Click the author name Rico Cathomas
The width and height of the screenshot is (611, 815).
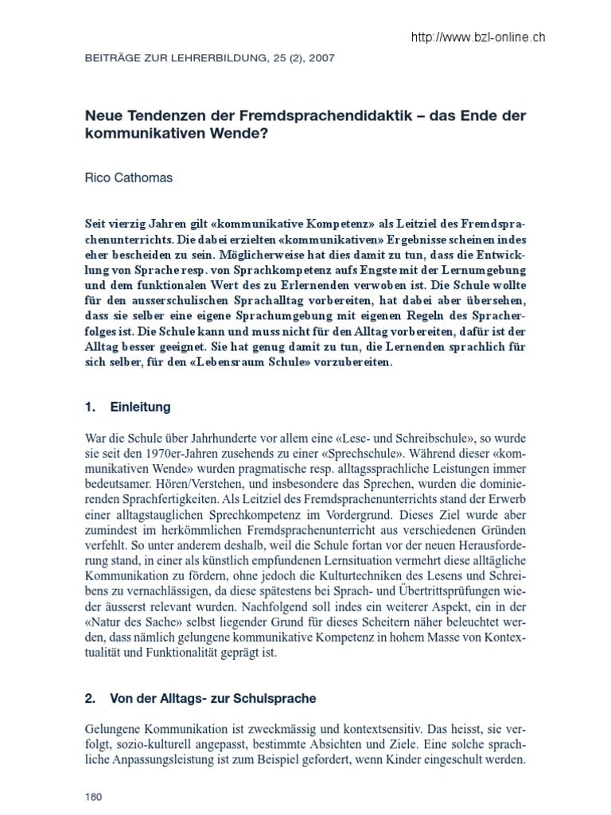pos(128,178)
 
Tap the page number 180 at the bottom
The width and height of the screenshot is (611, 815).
pos(94,796)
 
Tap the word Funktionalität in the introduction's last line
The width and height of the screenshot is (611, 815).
pos(179,653)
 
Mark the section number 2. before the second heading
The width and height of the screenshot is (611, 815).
pos(89,699)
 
